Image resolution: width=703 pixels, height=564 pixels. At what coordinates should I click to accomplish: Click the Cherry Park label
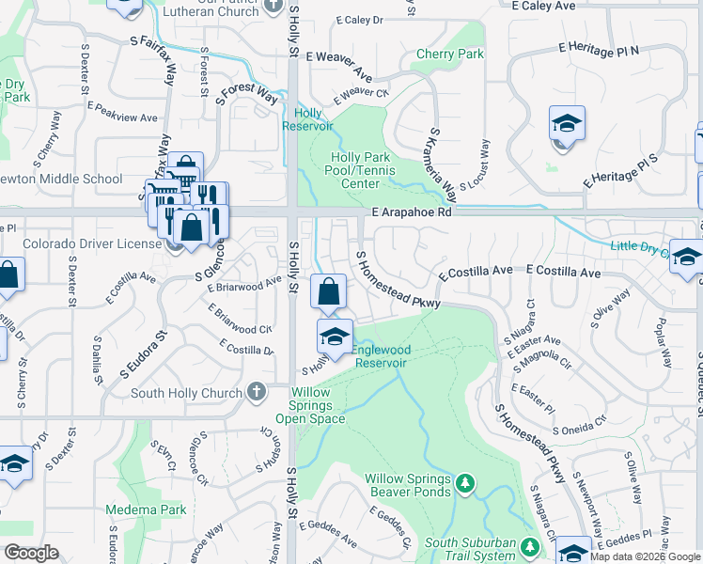coord(449,55)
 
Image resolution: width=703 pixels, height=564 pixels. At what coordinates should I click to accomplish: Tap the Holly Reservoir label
coord(308,119)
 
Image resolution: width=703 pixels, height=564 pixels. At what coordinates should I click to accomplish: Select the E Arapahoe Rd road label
coord(412,213)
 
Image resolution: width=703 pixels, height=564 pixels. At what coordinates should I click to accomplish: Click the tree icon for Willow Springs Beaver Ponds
coord(464,483)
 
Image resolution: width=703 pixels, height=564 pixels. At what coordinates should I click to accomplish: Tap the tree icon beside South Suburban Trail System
coord(530,546)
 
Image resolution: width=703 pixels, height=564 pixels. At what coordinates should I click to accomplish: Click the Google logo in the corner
coord(32,553)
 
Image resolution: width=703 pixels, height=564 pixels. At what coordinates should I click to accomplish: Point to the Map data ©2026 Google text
coord(644,556)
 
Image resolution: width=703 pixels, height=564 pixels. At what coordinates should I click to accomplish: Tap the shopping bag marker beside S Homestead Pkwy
coord(328,293)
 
